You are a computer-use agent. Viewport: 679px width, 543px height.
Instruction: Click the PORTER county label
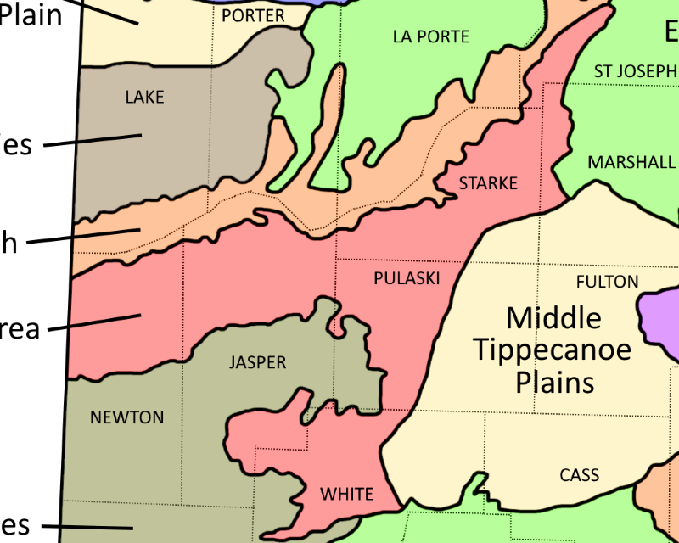pyautogui.click(x=253, y=16)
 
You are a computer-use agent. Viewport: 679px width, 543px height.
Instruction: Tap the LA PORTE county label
pyautogui.click(x=431, y=36)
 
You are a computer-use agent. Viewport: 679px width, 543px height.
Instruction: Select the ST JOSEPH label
pyautogui.click(x=635, y=71)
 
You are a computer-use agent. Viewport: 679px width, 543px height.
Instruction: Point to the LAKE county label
pyautogui.click(x=144, y=97)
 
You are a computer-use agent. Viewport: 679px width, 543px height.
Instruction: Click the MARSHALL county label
pyautogui.click(x=631, y=162)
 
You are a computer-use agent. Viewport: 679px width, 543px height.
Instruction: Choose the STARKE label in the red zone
pyautogui.click(x=488, y=183)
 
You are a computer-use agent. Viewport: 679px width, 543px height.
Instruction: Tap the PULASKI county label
pyautogui.click(x=407, y=278)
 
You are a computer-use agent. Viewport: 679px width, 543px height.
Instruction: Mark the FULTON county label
pyautogui.click(x=607, y=282)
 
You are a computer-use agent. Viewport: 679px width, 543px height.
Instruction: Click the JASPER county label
pyautogui.click(x=257, y=363)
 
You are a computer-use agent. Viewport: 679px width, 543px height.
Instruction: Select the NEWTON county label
pyautogui.click(x=126, y=417)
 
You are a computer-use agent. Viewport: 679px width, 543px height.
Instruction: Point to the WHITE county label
pyautogui.click(x=346, y=494)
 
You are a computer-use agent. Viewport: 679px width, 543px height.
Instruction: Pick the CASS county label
pyautogui.click(x=580, y=475)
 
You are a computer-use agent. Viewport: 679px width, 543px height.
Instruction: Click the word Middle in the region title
pyautogui.click(x=553, y=319)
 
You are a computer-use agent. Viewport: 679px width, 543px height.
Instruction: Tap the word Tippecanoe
pyautogui.click(x=553, y=350)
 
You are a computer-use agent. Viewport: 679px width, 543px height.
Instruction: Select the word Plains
pyautogui.click(x=554, y=382)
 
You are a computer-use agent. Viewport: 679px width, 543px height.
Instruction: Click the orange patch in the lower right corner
pyautogui.click(x=662, y=501)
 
